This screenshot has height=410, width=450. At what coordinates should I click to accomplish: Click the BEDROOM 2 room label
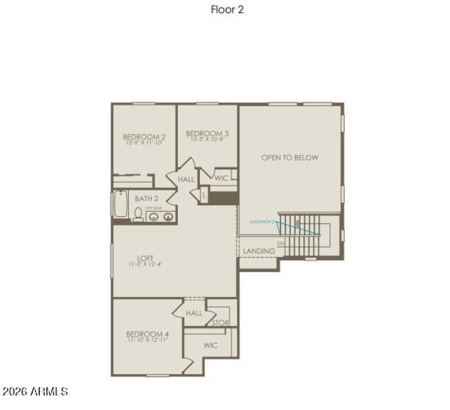(x=144, y=137)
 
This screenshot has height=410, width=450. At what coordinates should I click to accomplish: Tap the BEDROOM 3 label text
(x=207, y=133)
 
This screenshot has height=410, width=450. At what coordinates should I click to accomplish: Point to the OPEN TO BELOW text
(x=289, y=157)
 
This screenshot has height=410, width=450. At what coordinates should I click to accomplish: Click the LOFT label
(x=145, y=258)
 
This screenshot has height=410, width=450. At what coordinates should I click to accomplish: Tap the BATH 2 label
(x=147, y=199)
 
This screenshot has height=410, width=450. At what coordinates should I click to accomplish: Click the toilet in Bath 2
(x=138, y=214)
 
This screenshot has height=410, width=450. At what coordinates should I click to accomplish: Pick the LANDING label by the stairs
(x=259, y=250)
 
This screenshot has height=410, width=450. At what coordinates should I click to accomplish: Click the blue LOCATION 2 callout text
(x=262, y=222)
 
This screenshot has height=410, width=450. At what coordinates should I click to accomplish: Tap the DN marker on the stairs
(x=281, y=243)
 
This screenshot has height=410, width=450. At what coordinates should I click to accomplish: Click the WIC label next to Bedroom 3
(x=221, y=178)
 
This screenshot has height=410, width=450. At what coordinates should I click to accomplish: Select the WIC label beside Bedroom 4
(x=210, y=345)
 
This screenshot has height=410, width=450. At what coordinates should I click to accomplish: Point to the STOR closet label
(x=220, y=323)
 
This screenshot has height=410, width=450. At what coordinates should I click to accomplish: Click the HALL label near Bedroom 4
(x=194, y=313)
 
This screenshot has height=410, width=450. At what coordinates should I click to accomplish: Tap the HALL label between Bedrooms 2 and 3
(x=186, y=179)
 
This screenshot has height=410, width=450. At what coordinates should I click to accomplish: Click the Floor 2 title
(x=227, y=9)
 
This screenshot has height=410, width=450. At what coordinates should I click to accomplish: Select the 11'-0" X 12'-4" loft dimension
(x=145, y=264)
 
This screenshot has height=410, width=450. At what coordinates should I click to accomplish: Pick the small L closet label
(x=204, y=195)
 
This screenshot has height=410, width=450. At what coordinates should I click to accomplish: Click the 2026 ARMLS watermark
(x=35, y=391)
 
